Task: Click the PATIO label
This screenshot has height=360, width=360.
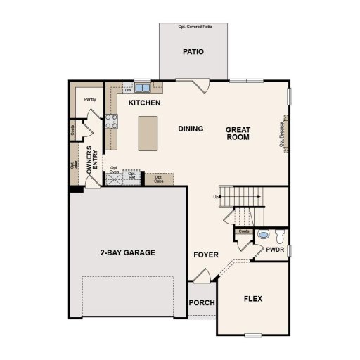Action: point(193,51)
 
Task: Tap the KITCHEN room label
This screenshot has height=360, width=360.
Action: point(144,103)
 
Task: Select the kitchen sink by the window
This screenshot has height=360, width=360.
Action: point(143,89)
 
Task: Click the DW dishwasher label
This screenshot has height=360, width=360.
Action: point(128,90)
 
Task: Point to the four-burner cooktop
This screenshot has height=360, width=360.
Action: point(110,121)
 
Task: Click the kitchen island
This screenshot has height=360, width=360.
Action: point(148,132)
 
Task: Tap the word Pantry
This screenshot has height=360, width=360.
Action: point(90,100)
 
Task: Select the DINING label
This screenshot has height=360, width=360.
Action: point(191,129)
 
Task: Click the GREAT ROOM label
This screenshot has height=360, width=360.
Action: point(238,134)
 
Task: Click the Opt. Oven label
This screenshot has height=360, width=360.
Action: point(115,169)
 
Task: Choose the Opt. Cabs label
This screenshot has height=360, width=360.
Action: point(159,178)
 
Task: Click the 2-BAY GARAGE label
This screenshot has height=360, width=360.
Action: point(127,252)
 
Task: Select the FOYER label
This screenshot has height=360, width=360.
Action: point(206,255)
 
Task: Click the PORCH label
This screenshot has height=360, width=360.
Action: point(202,303)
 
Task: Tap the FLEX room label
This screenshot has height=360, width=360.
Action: point(253,299)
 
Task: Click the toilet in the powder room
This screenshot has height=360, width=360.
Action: point(278,235)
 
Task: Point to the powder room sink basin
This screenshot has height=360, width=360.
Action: point(264,235)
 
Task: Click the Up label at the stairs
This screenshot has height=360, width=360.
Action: point(216,196)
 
